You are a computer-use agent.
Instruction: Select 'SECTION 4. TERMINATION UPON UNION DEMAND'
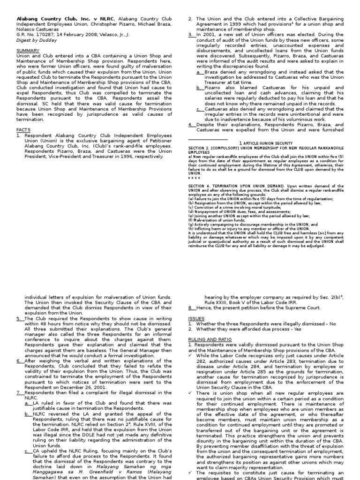245,186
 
